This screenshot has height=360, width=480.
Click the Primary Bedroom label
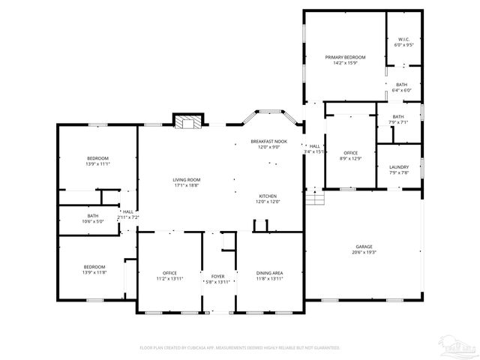coord(345,60)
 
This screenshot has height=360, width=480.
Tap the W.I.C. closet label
coord(403,42)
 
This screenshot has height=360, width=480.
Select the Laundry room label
coord(398,169)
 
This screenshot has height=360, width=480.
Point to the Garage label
coord(364,250)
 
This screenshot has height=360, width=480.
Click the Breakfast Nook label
coord(268,144)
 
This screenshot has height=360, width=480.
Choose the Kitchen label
coord(268,199)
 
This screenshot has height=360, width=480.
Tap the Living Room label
coord(187,182)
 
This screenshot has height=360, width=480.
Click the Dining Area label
coord(269,275)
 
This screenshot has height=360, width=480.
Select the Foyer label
coord(217,279)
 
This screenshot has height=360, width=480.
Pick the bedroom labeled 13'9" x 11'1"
coord(97,160)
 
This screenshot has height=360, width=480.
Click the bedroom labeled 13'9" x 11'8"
coord(94,269)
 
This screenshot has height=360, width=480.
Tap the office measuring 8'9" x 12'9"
coord(351,155)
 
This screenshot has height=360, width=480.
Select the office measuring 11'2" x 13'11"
coord(169,275)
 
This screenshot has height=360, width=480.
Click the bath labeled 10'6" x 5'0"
coord(93,218)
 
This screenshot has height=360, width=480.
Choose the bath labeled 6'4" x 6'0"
coord(402,87)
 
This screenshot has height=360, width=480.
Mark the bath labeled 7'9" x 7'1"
coord(397,119)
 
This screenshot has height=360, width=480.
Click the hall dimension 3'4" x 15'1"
coord(313,148)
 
